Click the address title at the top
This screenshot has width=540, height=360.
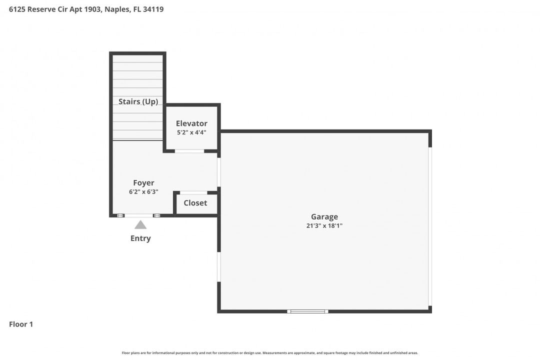pyautogui.click(x=86, y=9)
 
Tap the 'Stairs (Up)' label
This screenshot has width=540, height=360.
pyautogui.click(x=138, y=101)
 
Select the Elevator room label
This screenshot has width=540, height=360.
pyautogui.click(x=191, y=123)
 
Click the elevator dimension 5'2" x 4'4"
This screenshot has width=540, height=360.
pyautogui.click(x=191, y=132)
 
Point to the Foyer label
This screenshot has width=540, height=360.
pyautogui.click(x=143, y=183)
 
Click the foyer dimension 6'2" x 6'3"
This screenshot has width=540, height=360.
pyautogui.click(x=143, y=191)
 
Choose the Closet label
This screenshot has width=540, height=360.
pyautogui.click(x=195, y=203)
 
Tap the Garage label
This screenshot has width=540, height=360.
pyautogui.click(x=324, y=217)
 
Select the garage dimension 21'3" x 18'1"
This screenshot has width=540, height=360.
pyautogui.click(x=324, y=225)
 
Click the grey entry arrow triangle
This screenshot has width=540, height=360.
pyautogui.click(x=140, y=225)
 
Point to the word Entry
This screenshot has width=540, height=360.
pyautogui.click(x=140, y=238)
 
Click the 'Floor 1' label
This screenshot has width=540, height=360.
pyautogui.click(x=21, y=324)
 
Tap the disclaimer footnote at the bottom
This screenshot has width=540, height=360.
pyautogui.click(x=270, y=353)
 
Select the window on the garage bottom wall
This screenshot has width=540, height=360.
pyautogui.click(x=307, y=311)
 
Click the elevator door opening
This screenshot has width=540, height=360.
pyautogui.click(x=189, y=151)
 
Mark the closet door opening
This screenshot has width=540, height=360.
pyautogui.click(x=193, y=192)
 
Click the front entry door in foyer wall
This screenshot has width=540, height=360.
pyautogui.click(x=139, y=215)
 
